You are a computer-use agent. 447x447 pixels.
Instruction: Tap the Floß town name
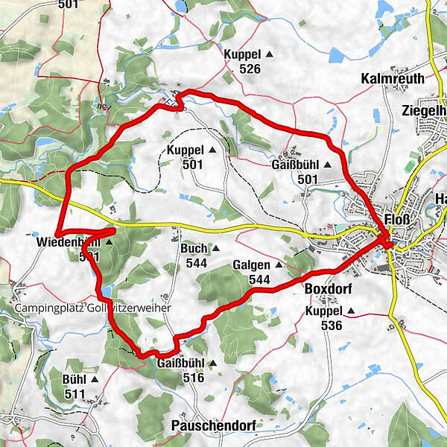coord(394,221)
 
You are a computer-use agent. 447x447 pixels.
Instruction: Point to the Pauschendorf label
coord(213,425)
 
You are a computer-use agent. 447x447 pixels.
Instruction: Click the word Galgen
coord(250,264)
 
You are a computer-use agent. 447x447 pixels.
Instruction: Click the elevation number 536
coord(331,326)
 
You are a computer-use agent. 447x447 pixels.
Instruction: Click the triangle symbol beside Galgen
coord(279,264)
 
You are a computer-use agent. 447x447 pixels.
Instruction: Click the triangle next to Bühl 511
coord(95,378)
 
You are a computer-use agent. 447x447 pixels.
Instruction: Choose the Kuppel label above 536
coord(323,311)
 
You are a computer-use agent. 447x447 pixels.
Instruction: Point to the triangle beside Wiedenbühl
coord(109,242)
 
